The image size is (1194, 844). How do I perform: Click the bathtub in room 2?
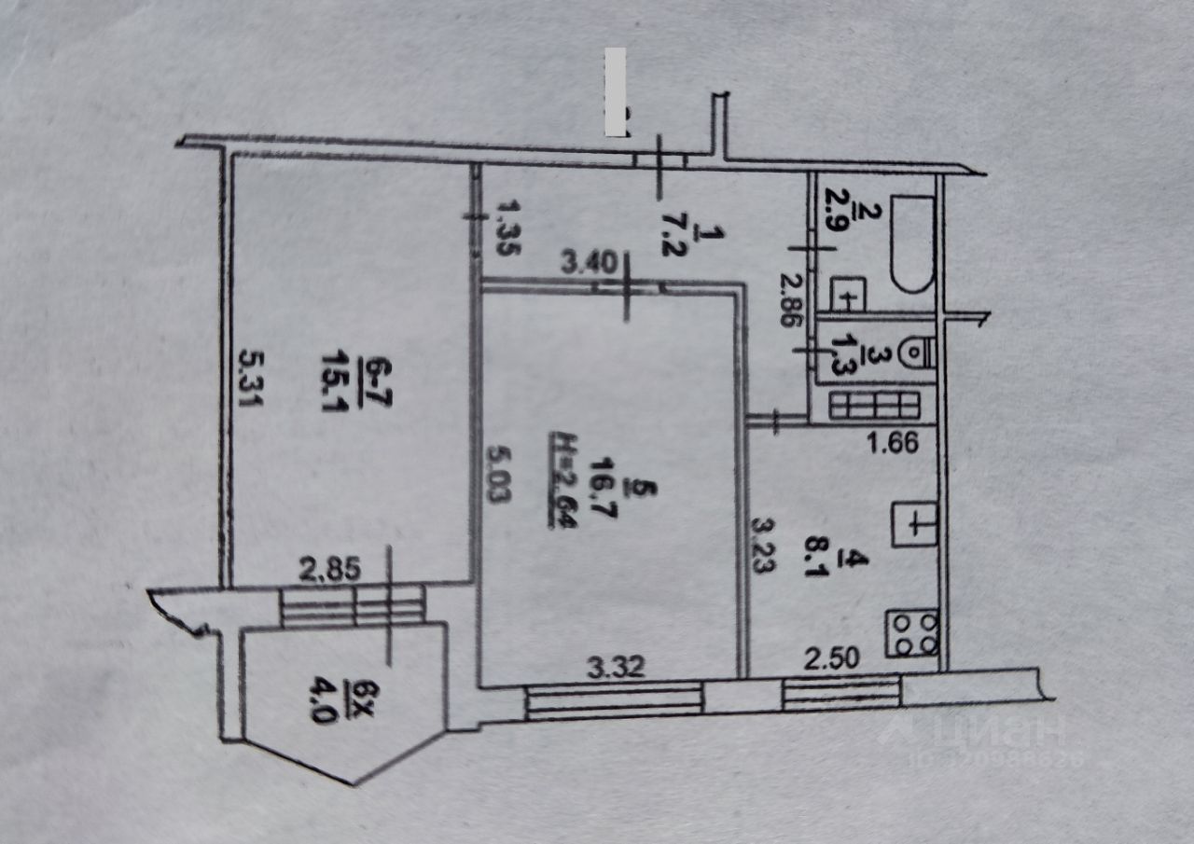coord(910,244)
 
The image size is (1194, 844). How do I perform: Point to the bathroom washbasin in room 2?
coord(848,295)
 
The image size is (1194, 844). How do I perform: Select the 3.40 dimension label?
coord(587,264)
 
